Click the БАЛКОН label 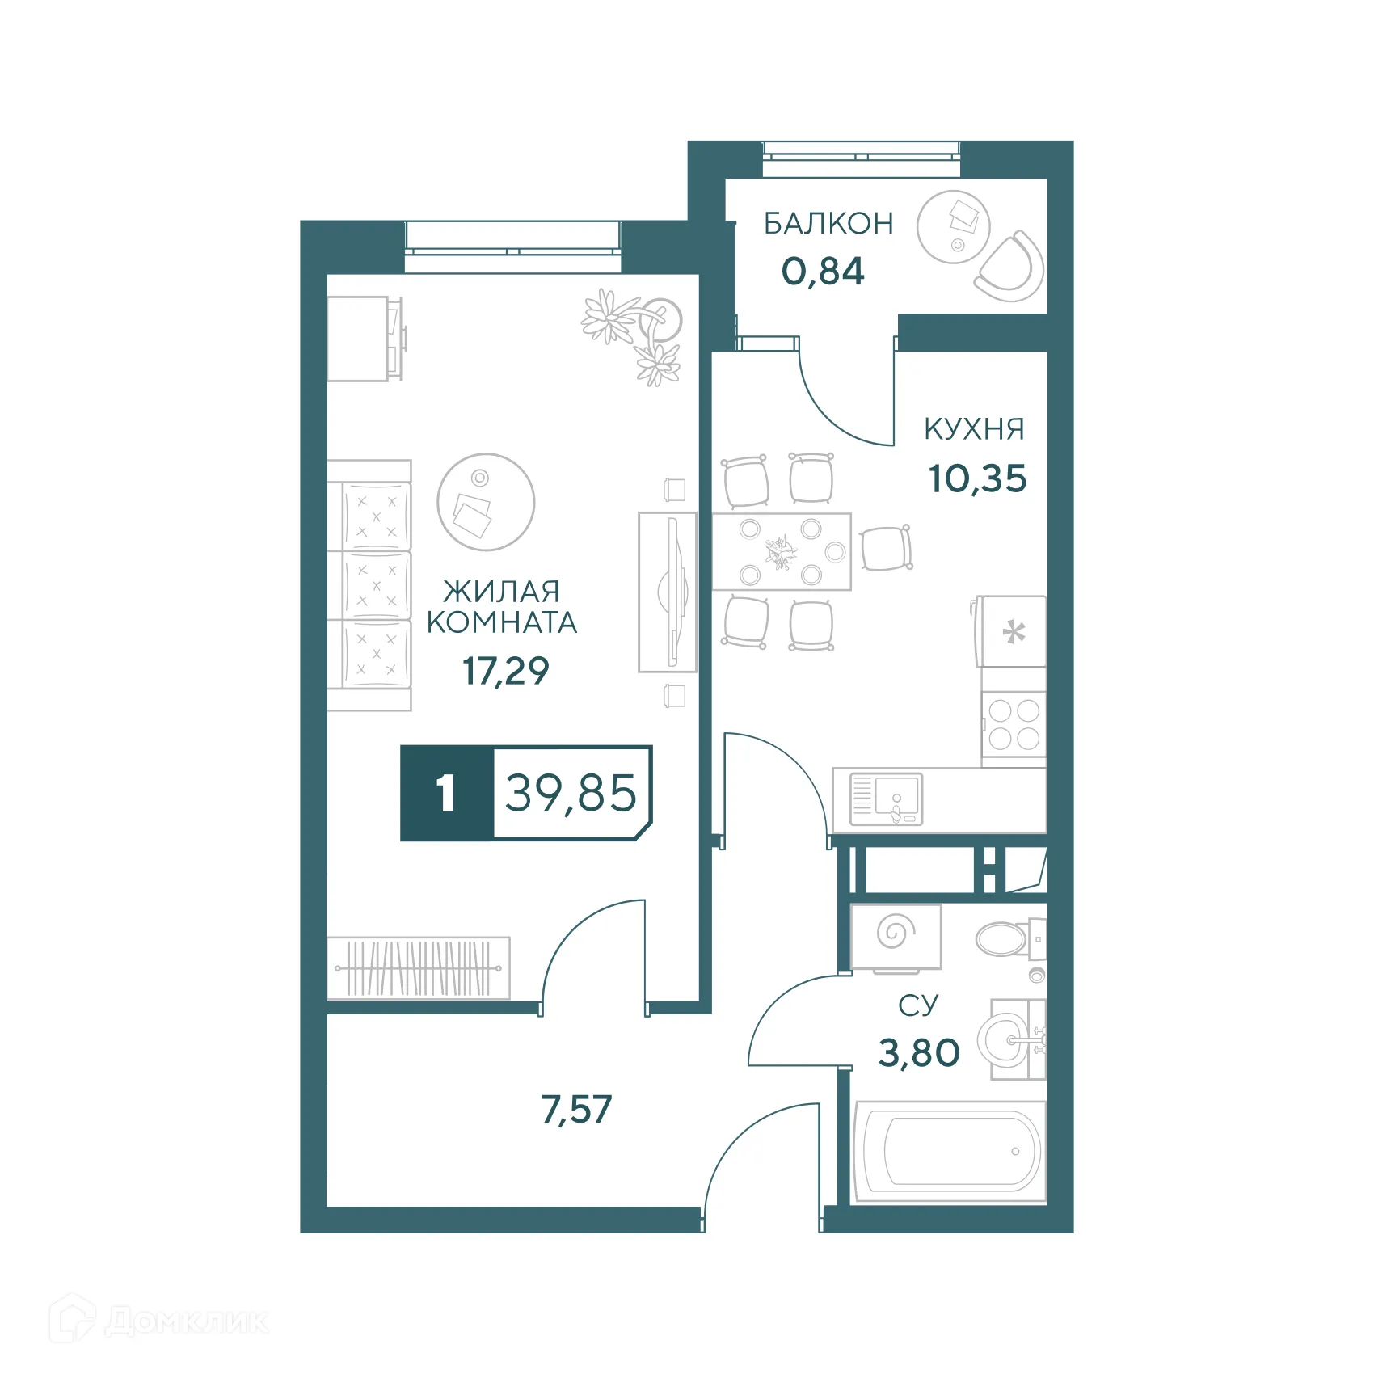click(x=828, y=223)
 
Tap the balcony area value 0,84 click(x=823, y=272)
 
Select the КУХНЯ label click(x=974, y=429)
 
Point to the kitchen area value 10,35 click(x=977, y=478)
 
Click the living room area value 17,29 click(x=505, y=671)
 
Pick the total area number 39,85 click(x=571, y=793)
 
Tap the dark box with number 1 click(x=446, y=793)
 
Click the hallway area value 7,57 click(x=576, y=1110)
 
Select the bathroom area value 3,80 click(x=919, y=1053)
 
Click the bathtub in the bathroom click(x=950, y=1151)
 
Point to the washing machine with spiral click(x=896, y=935)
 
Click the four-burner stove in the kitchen click(x=1014, y=726)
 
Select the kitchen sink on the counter click(x=887, y=799)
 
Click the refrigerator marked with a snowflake click(x=1013, y=632)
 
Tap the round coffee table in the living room click(x=486, y=502)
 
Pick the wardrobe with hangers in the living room click(x=419, y=968)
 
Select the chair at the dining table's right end click(x=887, y=548)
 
